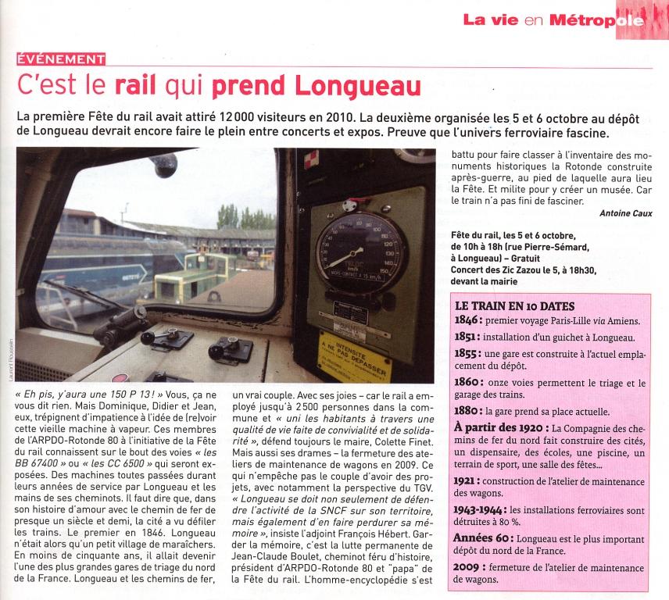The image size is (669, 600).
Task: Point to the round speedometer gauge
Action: [352, 255]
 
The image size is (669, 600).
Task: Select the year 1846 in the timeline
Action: [471, 320]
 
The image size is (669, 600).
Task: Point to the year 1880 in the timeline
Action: [470, 410]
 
